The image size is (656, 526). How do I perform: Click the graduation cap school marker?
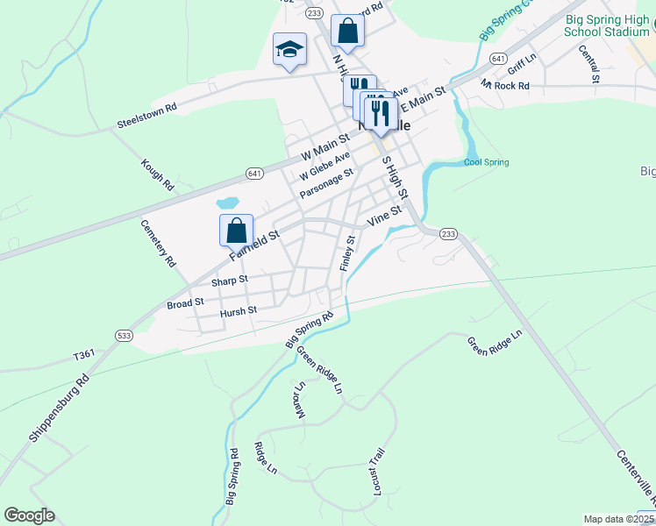[289, 50]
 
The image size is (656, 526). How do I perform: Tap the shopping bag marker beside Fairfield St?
[236, 231]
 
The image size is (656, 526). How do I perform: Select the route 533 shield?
[124, 335]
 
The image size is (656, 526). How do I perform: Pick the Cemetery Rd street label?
[160, 243]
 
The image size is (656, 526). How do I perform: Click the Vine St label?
[384, 216]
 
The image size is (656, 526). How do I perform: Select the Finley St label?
[347, 252]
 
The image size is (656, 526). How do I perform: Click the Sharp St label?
[230, 281]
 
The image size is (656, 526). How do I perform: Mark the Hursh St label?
[239, 310]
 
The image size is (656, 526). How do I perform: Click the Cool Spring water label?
[486, 162]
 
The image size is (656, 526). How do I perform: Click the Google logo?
[28, 515]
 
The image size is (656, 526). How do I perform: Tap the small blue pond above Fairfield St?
[228, 203]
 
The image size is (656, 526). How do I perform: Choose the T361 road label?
[84, 354]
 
